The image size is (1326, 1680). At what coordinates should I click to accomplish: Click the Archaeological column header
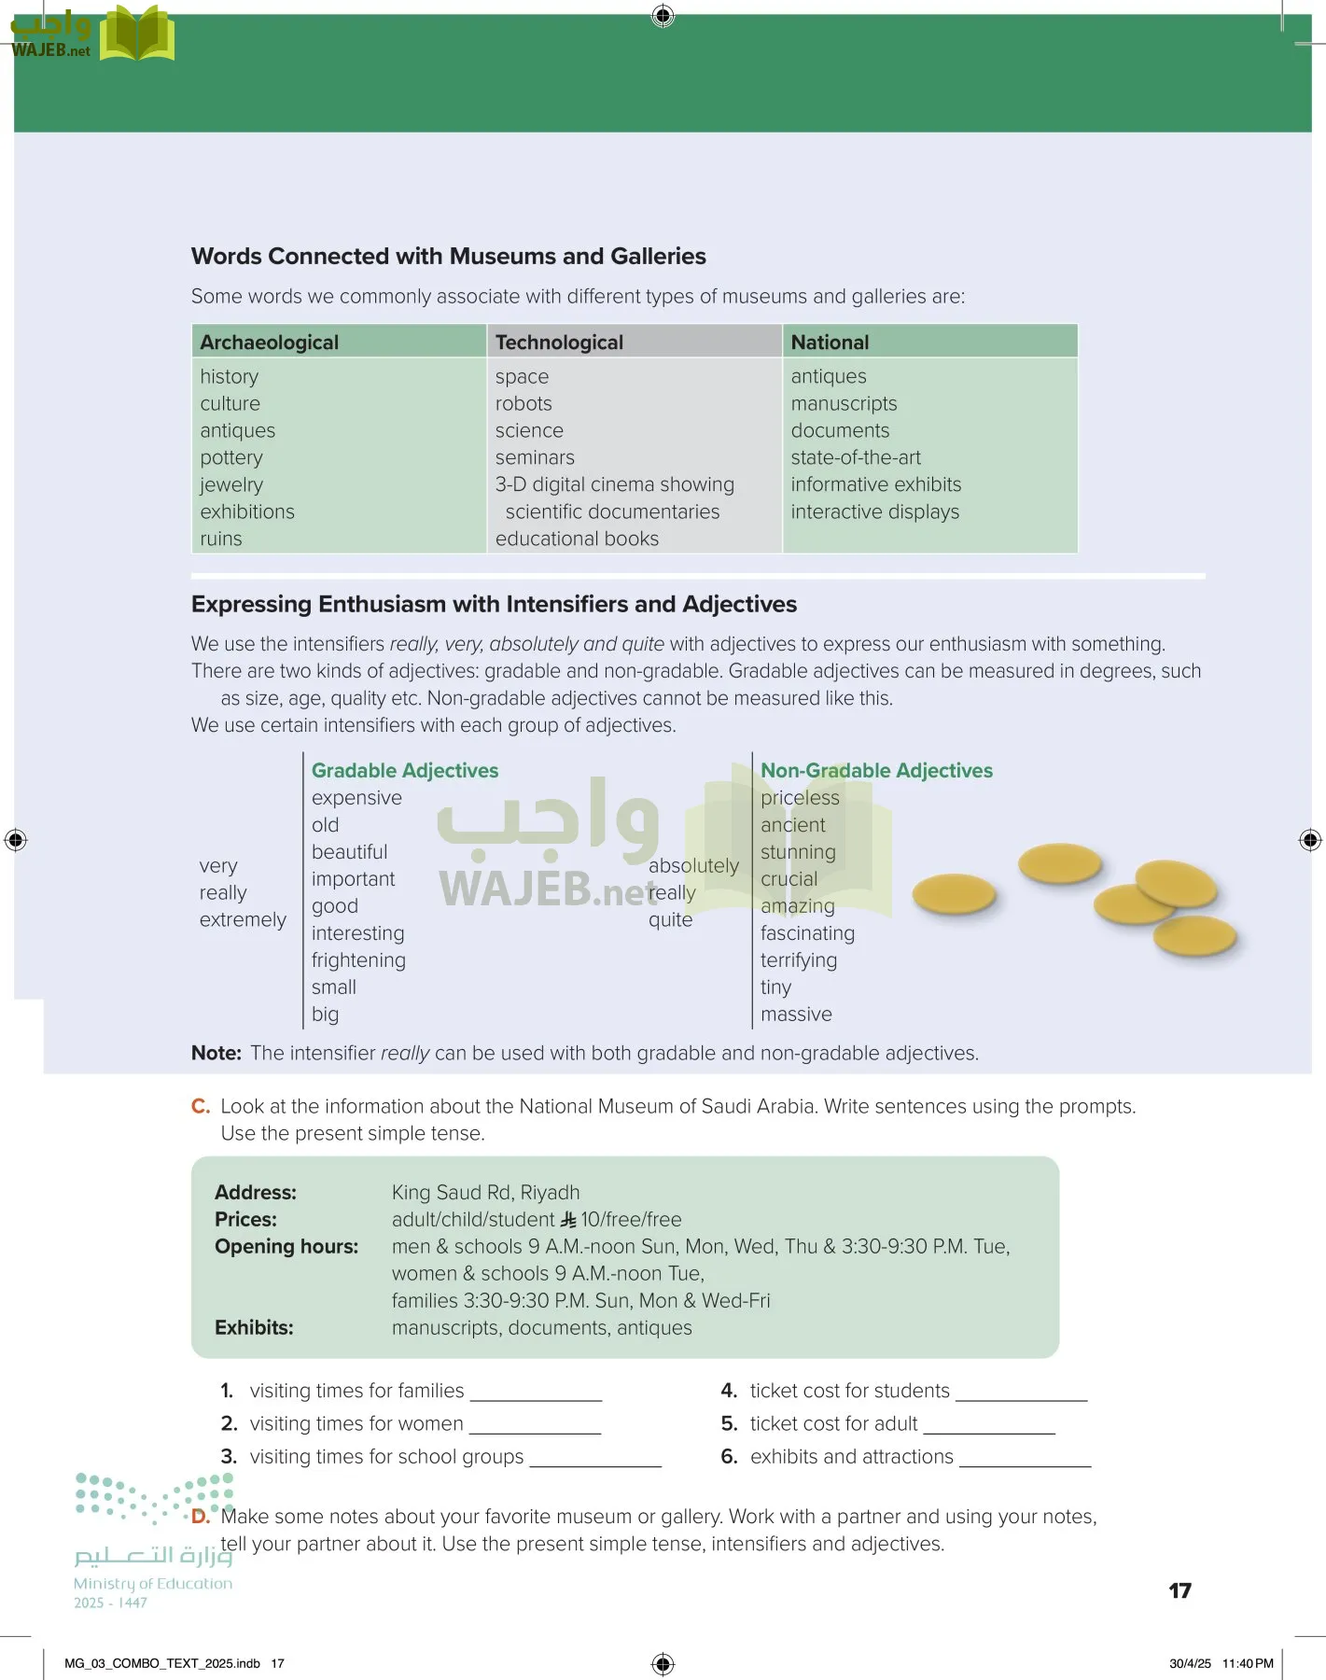269,343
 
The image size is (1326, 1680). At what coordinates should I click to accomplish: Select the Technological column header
559,343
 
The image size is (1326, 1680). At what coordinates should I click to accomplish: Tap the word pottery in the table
231,457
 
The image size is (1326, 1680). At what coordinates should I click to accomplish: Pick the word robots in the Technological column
523,403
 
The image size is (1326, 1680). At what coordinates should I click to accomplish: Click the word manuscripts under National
844,403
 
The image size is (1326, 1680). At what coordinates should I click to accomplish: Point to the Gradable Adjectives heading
405,770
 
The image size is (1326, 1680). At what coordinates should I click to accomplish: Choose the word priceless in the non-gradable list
800,797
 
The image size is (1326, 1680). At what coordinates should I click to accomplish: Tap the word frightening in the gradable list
358,959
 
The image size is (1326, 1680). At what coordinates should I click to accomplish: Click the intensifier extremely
243,919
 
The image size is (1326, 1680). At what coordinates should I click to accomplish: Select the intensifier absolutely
693,865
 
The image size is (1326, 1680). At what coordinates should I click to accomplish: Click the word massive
796,1014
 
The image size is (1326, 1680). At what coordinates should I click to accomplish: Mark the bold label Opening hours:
286,1246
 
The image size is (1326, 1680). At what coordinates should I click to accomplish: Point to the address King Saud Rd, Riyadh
485,1192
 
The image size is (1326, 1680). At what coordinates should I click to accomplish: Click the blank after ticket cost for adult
989,1425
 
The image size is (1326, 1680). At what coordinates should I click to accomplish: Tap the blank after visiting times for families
536,1393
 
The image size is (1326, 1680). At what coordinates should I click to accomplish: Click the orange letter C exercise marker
201,1106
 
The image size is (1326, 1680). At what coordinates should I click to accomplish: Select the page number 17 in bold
1179,1590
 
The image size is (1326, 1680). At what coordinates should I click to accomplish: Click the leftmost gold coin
954,893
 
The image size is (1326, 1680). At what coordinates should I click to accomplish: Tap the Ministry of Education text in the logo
153,1583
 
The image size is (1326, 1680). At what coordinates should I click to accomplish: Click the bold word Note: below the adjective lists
216,1053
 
